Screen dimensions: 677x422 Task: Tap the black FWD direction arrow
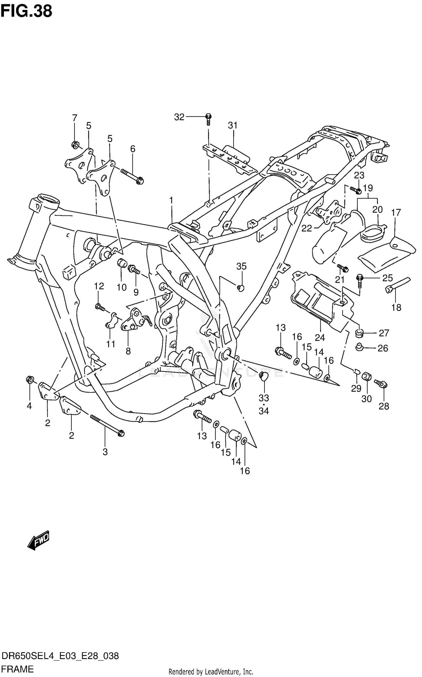pos(39,540)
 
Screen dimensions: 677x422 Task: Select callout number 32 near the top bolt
pos(179,117)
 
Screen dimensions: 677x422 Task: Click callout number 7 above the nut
pos(75,118)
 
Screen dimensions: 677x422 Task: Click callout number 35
pos(241,266)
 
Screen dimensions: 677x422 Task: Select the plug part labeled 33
pos(264,376)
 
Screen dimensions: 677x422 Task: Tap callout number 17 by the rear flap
pos(396,213)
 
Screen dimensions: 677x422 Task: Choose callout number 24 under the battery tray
pos(320,337)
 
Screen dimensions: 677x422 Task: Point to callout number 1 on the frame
pos(171,201)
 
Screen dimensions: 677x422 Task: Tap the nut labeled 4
pos(30,379)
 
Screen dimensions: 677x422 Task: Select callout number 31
pos(233,125)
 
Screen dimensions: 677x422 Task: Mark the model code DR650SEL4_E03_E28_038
pos(60,656)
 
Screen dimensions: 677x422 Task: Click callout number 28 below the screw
pos(384,406)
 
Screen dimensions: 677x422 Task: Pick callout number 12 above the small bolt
pos(99,286)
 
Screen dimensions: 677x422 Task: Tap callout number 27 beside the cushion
pos(384,333)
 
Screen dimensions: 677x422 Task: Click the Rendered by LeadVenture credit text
pos(211,672)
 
